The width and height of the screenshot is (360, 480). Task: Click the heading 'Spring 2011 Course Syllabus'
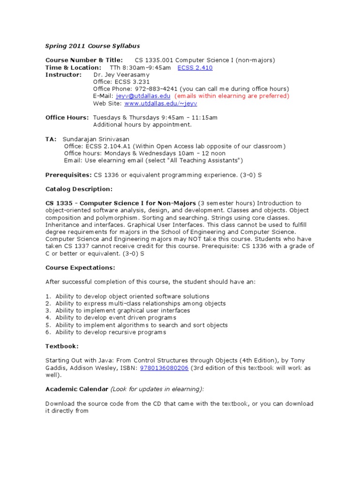(x=92, y=46)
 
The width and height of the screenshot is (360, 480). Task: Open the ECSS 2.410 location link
(x=195, y=67)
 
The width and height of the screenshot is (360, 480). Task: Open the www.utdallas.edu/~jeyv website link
(x=160, y=104)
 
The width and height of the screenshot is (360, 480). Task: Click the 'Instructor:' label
(x=63, y=75)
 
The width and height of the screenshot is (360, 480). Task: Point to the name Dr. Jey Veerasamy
(x=121, y=75)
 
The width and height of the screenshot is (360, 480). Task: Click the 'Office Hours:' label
(x=67, y=117)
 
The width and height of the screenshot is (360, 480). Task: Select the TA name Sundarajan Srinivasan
(x=96, y=139)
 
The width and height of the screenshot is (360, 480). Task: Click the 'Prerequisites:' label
(x=68, y=175)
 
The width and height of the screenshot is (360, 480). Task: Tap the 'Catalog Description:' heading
(x=79, y=189)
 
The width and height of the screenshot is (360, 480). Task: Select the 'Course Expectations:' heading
(x=80, y=268)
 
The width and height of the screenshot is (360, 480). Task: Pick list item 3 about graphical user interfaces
(x=122, y=310)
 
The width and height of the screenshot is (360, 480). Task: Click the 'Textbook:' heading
(x=62, y=346)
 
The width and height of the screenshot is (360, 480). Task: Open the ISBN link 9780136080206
(x=164, y=368)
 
